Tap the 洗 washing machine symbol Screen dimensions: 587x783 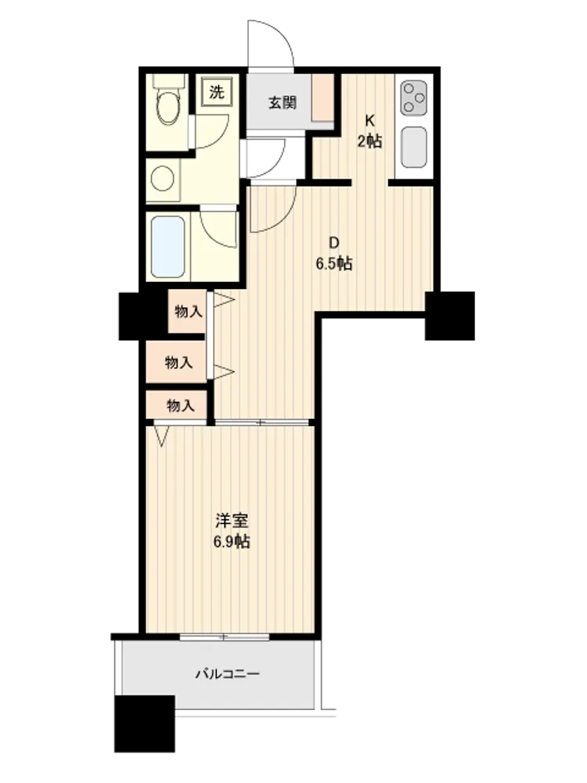click(217, 92)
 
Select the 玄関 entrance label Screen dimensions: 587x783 click(283, 103)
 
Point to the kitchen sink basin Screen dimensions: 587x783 click(414, 147)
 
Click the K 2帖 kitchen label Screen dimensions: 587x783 click(369, 132)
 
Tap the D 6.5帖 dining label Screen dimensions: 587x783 click(334, 253)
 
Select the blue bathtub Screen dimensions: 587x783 click(167, 246)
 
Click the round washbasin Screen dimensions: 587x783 click(162, 179)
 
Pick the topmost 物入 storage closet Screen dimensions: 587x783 click(188, 312)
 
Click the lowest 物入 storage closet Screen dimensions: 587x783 click(177, 405)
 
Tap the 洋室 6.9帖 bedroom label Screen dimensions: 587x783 click(232, 532)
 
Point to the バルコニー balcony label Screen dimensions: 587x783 click(227, 674)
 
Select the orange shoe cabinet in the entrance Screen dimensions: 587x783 click(322, 97)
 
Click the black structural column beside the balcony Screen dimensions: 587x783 click(145, 723)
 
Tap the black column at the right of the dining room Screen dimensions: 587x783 click(450, 316)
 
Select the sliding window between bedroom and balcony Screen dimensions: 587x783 click(225, 637)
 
